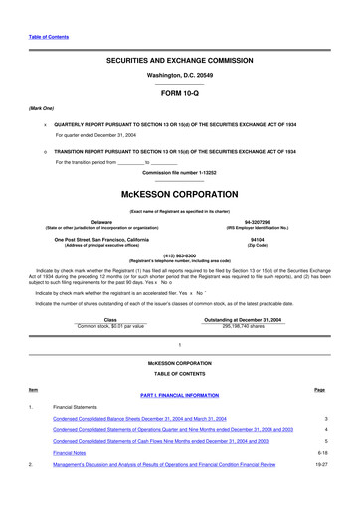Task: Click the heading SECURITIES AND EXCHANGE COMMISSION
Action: (x=179, y=60)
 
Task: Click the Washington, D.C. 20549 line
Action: (x=179, y=75)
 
